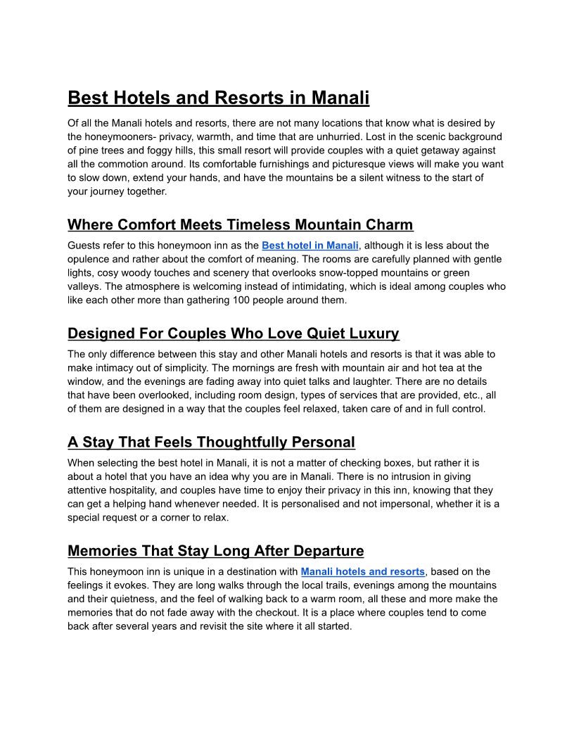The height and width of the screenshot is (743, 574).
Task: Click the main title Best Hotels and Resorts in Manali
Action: [x=218, y=97]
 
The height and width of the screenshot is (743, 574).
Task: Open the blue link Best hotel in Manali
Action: [x=310, y=246]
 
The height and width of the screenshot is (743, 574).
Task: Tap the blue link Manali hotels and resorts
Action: [x=362, y=571]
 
